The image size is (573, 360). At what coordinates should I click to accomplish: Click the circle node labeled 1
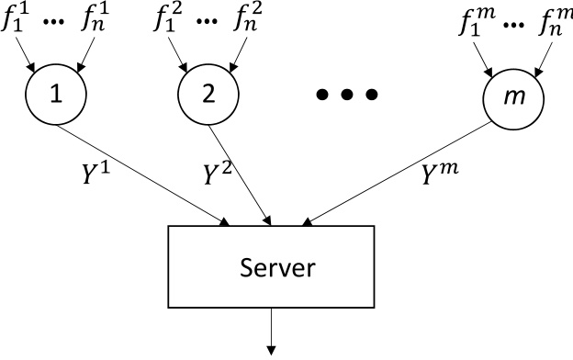click(x=56, y=95)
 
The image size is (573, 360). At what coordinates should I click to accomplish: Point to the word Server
click(x=277, y=268)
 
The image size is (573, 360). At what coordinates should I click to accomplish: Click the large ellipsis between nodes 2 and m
click(x=346, y=95)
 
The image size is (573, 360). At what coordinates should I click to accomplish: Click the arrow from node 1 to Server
click(x=147, y=174)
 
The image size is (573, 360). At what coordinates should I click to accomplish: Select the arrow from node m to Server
click(x=404, y=174)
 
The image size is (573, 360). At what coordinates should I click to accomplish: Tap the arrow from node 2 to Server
click(x=241, y=174)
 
